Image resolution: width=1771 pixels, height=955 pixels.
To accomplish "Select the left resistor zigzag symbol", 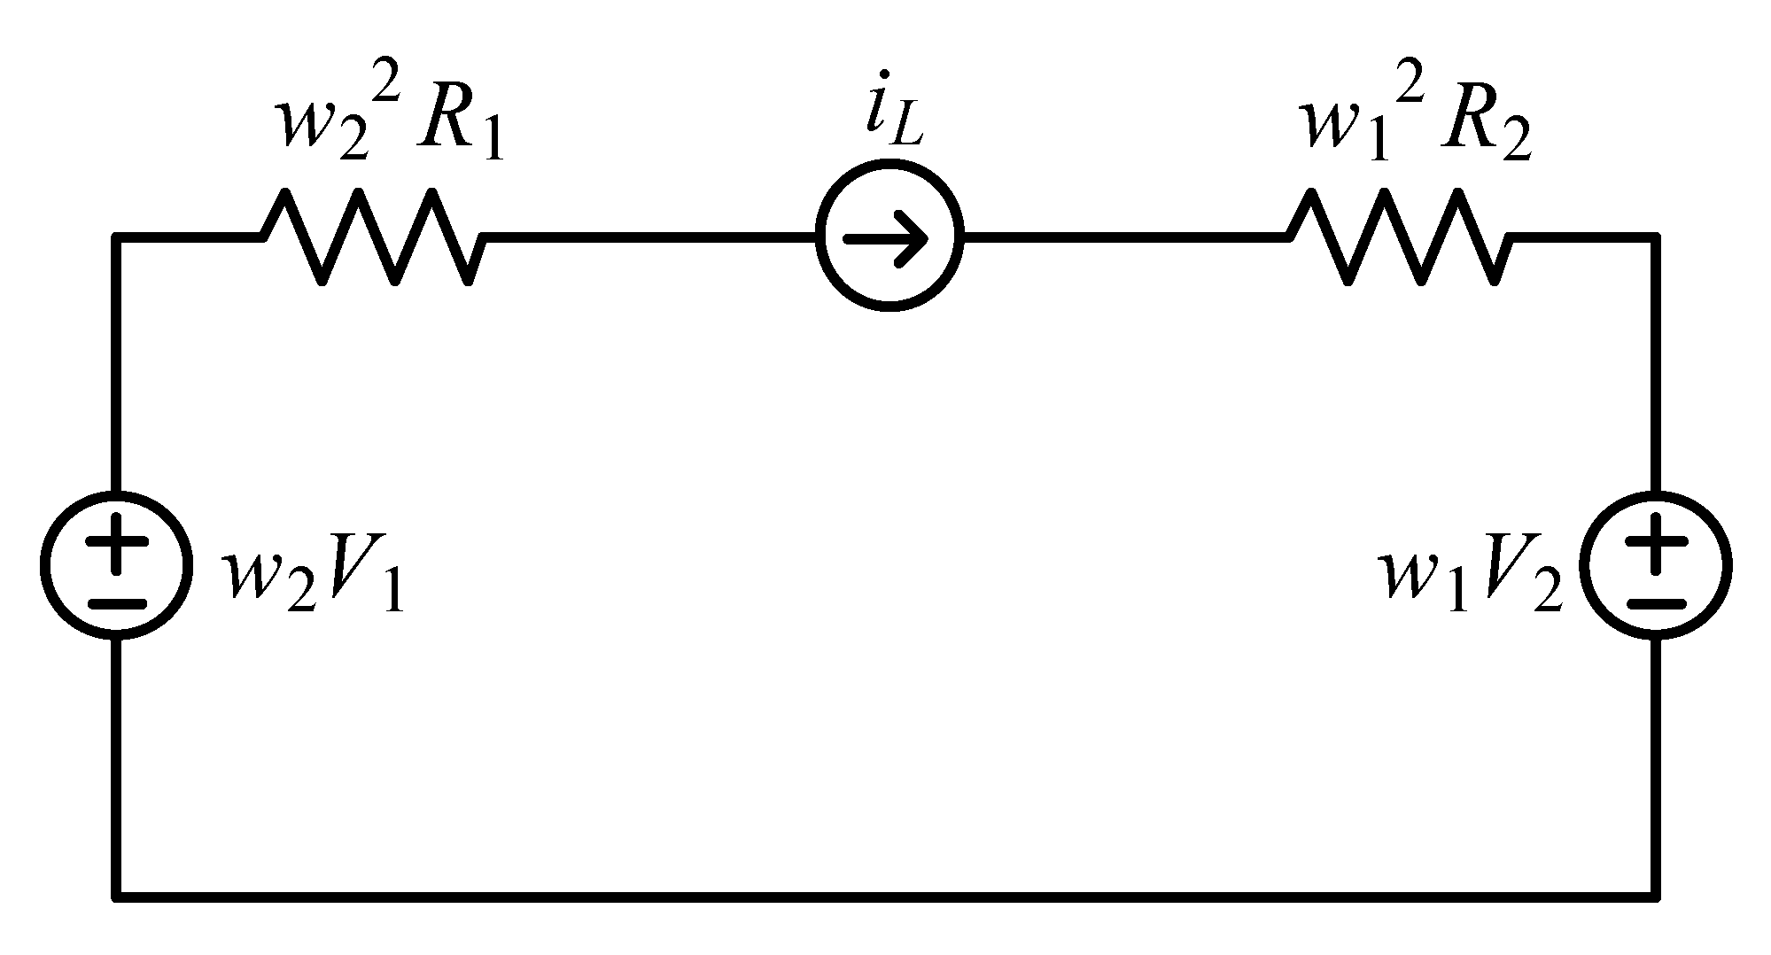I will [x=372, y=237].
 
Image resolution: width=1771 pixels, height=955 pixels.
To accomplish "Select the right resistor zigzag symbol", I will [x=1397, y=237].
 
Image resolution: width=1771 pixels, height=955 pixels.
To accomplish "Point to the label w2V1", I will [x=315, y=580].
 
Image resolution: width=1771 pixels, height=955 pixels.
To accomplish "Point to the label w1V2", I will [x=1471, y=580].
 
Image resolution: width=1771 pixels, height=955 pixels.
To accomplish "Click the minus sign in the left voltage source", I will [x=116, y=603].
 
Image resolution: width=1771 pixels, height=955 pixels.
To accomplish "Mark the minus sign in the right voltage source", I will [x=1655, y=603].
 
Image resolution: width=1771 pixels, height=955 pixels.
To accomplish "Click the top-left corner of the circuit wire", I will [x=116, y=237].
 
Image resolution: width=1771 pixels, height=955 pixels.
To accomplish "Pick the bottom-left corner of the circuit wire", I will [x=116, y=896].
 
